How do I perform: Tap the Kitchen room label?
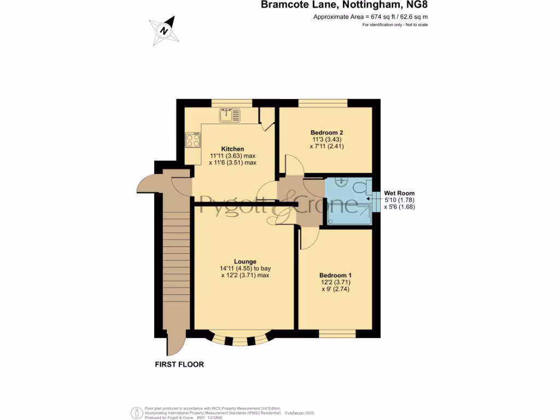pyautogui.click(x=232, y=149)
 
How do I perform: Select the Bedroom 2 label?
pyautogui.click(x=327, y=132)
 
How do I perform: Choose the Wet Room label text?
pyautogui.click(x=399, y=193)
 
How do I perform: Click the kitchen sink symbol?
pyautogui.click(x=230, y=115)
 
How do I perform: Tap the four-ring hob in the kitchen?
pyautogui.click(x=193, y=141)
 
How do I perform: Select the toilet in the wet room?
pyautogui.click(x=361, y=188)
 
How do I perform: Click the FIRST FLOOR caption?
pyautogui.click(x=179, y=364)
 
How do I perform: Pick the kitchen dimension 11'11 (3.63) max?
pyautogui.click(x=233, y=156)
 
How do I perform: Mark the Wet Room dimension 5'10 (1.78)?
pyautogui.click(x=400, y=200)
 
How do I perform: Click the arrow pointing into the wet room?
pyautogui.click(x=370, y=201)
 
